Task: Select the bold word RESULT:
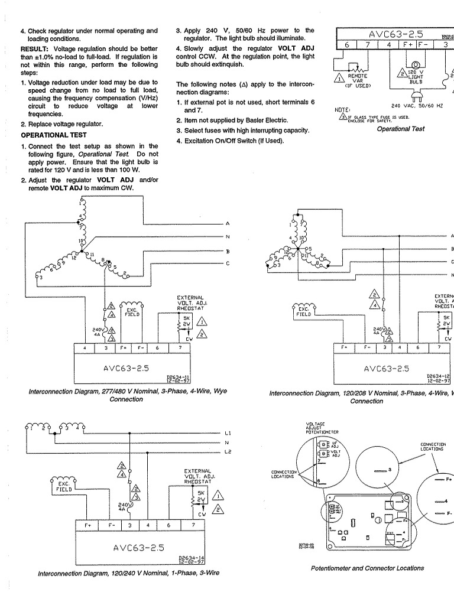coord(35,48)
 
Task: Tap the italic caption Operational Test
coord(400,129)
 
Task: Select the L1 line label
coord(228,433)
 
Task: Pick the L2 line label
coord(228,452)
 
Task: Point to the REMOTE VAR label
coord(356,79)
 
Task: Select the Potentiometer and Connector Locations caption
coord(367,568)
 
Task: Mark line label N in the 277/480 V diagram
coord(228,236)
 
